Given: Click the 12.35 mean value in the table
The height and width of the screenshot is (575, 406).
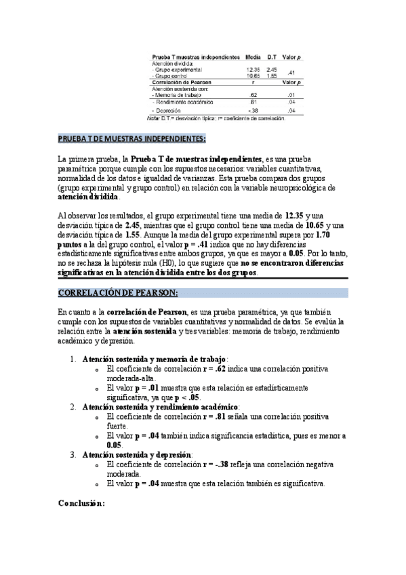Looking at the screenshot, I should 253,69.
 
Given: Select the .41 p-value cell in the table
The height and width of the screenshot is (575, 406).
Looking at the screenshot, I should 291,73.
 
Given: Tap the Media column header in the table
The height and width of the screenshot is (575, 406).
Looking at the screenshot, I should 253,56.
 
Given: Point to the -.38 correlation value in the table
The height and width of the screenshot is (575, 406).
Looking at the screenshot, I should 253,109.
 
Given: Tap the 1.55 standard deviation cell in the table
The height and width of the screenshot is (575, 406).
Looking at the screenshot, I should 272,76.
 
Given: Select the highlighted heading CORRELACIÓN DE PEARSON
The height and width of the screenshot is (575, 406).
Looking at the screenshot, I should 118,293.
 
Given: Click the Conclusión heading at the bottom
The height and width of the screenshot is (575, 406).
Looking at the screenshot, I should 81,504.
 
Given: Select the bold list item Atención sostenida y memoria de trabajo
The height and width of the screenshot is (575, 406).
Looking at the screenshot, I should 155,359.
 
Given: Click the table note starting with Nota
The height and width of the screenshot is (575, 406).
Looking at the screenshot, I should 216,119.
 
